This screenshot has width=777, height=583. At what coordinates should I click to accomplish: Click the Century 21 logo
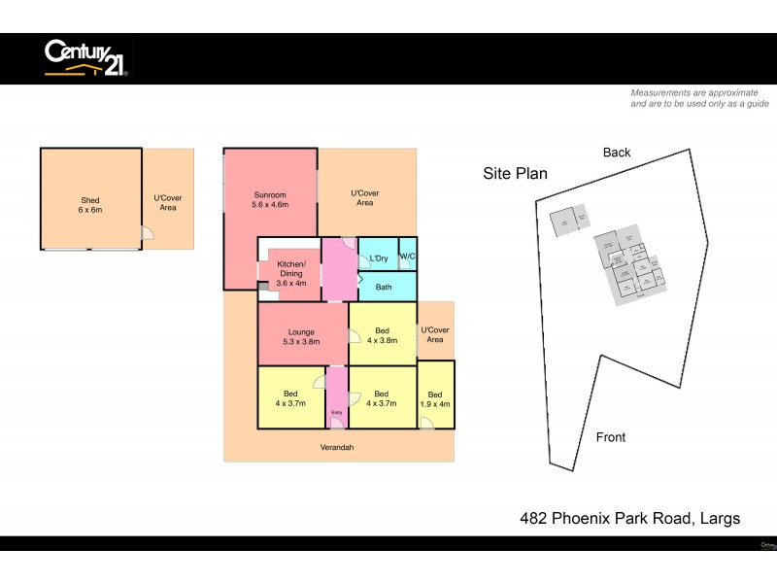[x=85, y=57]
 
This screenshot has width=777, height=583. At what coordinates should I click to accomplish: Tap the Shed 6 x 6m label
[x=90, y=203]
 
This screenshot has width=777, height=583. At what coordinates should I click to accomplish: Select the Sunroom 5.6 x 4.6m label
[x=270, y=199]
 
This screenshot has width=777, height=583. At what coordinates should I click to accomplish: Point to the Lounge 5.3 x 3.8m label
[x=300, y=337]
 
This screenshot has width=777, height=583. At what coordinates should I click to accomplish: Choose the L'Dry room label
[x=378, y=258]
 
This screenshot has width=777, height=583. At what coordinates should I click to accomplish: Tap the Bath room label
[x=384, y=287]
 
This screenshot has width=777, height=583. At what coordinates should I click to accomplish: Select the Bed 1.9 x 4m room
[x=435, y=398]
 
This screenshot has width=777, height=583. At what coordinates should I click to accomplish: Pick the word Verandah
[x=337, y=448]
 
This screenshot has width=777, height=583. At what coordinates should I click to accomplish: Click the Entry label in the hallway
[x=336, y=413]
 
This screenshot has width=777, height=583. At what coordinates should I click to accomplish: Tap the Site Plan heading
[x=515, y=174]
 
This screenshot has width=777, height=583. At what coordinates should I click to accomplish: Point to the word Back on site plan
[x=616, y=153]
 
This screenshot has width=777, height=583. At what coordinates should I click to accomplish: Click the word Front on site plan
[x=610, y=437]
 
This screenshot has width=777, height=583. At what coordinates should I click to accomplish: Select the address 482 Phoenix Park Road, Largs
[x=630, y=519]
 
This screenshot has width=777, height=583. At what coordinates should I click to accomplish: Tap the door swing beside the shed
[x=147, y=233]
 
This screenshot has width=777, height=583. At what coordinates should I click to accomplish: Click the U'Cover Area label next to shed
[x=168, y=203]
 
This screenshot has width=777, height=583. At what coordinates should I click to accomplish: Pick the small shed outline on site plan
[x=569, y=223]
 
